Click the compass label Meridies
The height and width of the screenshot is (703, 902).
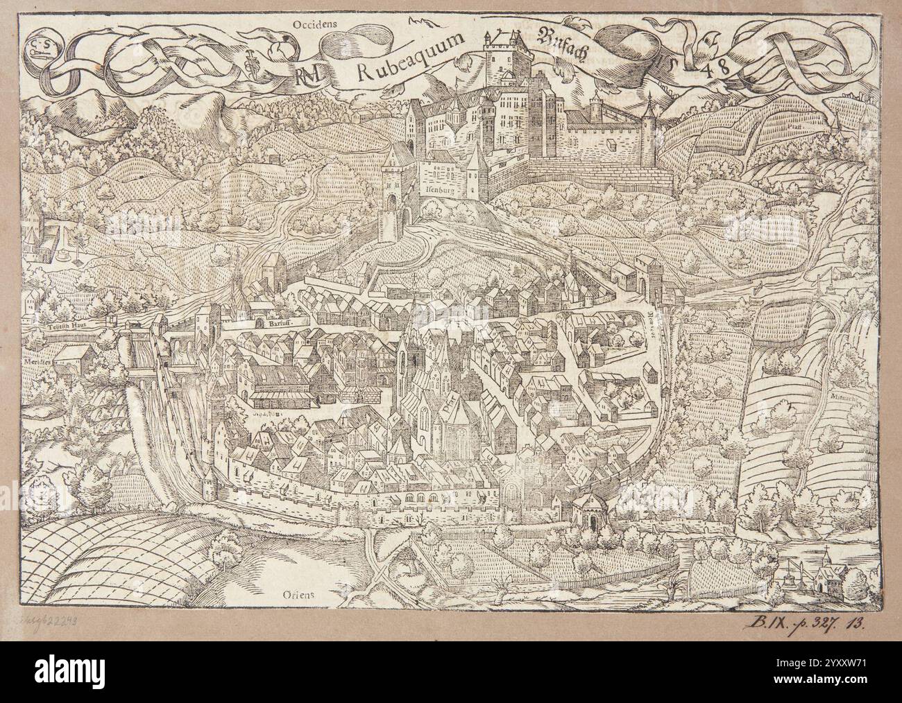(36, 344)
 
